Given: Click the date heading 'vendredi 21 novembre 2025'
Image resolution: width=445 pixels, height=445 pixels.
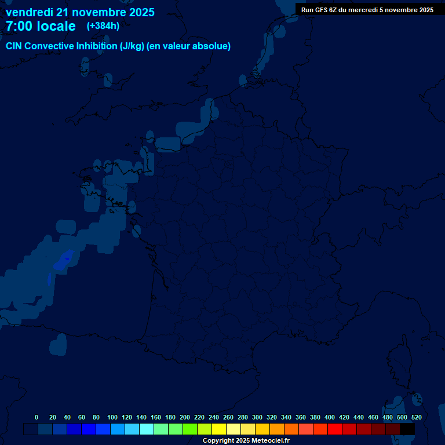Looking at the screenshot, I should point(80,12).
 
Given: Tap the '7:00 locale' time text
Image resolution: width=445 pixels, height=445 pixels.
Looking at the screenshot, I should point(41,26).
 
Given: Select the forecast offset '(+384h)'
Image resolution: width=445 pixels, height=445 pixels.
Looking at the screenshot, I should point(103,26).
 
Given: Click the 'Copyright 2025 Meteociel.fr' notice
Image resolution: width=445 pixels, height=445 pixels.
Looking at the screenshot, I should point(246,441).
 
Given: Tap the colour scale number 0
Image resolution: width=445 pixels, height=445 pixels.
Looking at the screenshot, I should point(37,417).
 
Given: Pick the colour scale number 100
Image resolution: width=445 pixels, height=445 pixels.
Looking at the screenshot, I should point(112,417).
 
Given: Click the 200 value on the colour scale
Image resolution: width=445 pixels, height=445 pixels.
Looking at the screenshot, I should point(185,417).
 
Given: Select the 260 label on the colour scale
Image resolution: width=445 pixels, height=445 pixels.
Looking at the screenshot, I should point(228,417).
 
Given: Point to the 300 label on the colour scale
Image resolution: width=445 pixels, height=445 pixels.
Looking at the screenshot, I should point(257,417).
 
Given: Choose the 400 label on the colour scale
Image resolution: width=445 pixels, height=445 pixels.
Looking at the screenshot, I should point(330,417).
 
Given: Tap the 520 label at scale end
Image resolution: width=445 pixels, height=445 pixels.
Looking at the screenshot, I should point(416,417).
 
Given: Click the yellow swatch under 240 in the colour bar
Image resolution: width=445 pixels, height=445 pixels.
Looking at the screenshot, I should point(219,429).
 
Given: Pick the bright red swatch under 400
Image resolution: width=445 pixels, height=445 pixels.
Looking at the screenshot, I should point(335,429).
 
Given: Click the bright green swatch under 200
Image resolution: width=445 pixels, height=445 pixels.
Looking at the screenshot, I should point(190,429).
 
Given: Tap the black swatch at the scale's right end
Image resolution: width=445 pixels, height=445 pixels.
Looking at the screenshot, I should point(407,429).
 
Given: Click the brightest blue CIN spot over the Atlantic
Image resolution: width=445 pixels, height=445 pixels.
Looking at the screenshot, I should point(61,262).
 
